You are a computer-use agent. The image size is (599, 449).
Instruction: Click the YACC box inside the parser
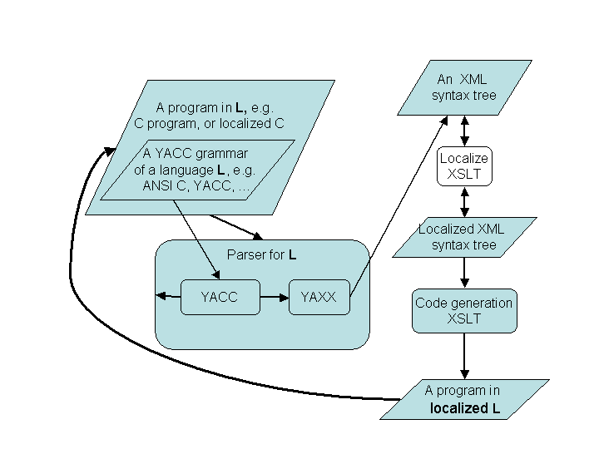(x=220, y=297)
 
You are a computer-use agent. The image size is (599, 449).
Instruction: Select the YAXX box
(x=319, y=297)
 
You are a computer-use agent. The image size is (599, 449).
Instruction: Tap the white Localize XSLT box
(x=464, y=166)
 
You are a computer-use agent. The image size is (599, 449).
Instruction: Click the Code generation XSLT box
(x=464, y=311)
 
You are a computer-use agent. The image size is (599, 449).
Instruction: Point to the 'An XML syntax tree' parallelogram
(x=464, y=87)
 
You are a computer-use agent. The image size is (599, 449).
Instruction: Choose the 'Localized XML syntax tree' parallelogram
(x=464, y=237)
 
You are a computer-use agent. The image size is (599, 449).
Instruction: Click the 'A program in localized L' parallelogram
(x=464, y=399)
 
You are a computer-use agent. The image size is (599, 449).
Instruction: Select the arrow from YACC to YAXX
(x=275, y=297)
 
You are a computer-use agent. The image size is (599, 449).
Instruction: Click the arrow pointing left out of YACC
(x=168, y=295)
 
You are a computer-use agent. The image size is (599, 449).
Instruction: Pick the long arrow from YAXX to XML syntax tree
(x=399, y=206)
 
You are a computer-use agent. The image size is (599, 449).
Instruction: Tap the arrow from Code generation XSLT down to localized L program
(x=464, y=356)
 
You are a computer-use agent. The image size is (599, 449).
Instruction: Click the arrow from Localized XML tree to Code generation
(x=464, y=273)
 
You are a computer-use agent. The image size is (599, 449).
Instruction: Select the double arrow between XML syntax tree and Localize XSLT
(x=464, y=131)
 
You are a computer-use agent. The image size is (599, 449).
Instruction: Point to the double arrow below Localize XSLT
(x=464, y=202)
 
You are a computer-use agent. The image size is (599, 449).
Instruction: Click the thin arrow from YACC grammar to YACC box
(x=196, y=239)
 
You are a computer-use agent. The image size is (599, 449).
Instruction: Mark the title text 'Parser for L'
(x=262, y=254)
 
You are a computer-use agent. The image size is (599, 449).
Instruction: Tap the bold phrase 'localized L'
(x=465, y=408)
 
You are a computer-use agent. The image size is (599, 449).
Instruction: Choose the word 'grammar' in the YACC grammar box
(x=221, y=154)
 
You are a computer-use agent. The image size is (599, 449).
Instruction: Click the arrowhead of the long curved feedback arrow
(x=110, y=151)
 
